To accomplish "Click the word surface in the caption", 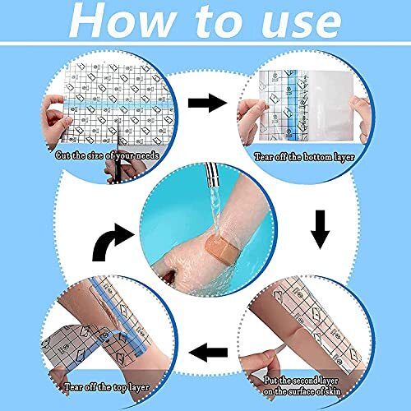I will [319, 381].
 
